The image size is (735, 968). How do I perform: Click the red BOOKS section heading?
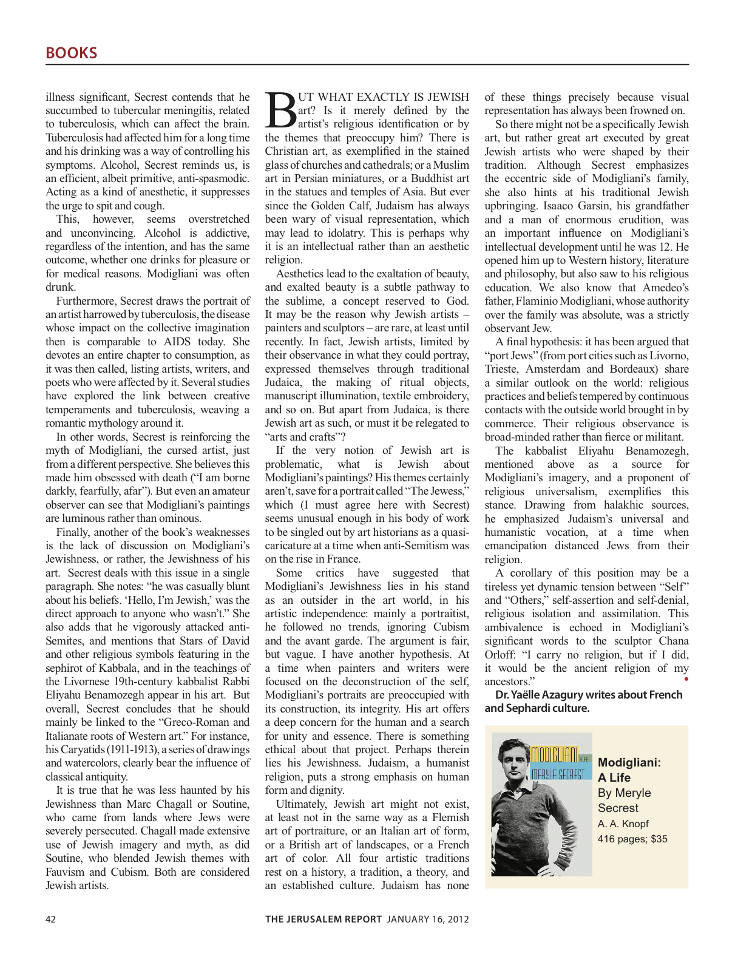pyautogui.click(x=71, y=53)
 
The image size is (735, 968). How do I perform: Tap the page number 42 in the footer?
pyautogui.click(x=51, y=919)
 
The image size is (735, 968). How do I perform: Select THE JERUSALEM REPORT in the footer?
pyautogui.click(x=323, y=919)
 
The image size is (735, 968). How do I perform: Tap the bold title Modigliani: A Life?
pyautogui.click(x=629, y=770)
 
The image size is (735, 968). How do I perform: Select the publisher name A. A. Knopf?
pyautogui.click(x=623, y=824)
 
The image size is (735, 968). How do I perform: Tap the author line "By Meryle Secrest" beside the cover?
pyautogui.click(x=624, y=800)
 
